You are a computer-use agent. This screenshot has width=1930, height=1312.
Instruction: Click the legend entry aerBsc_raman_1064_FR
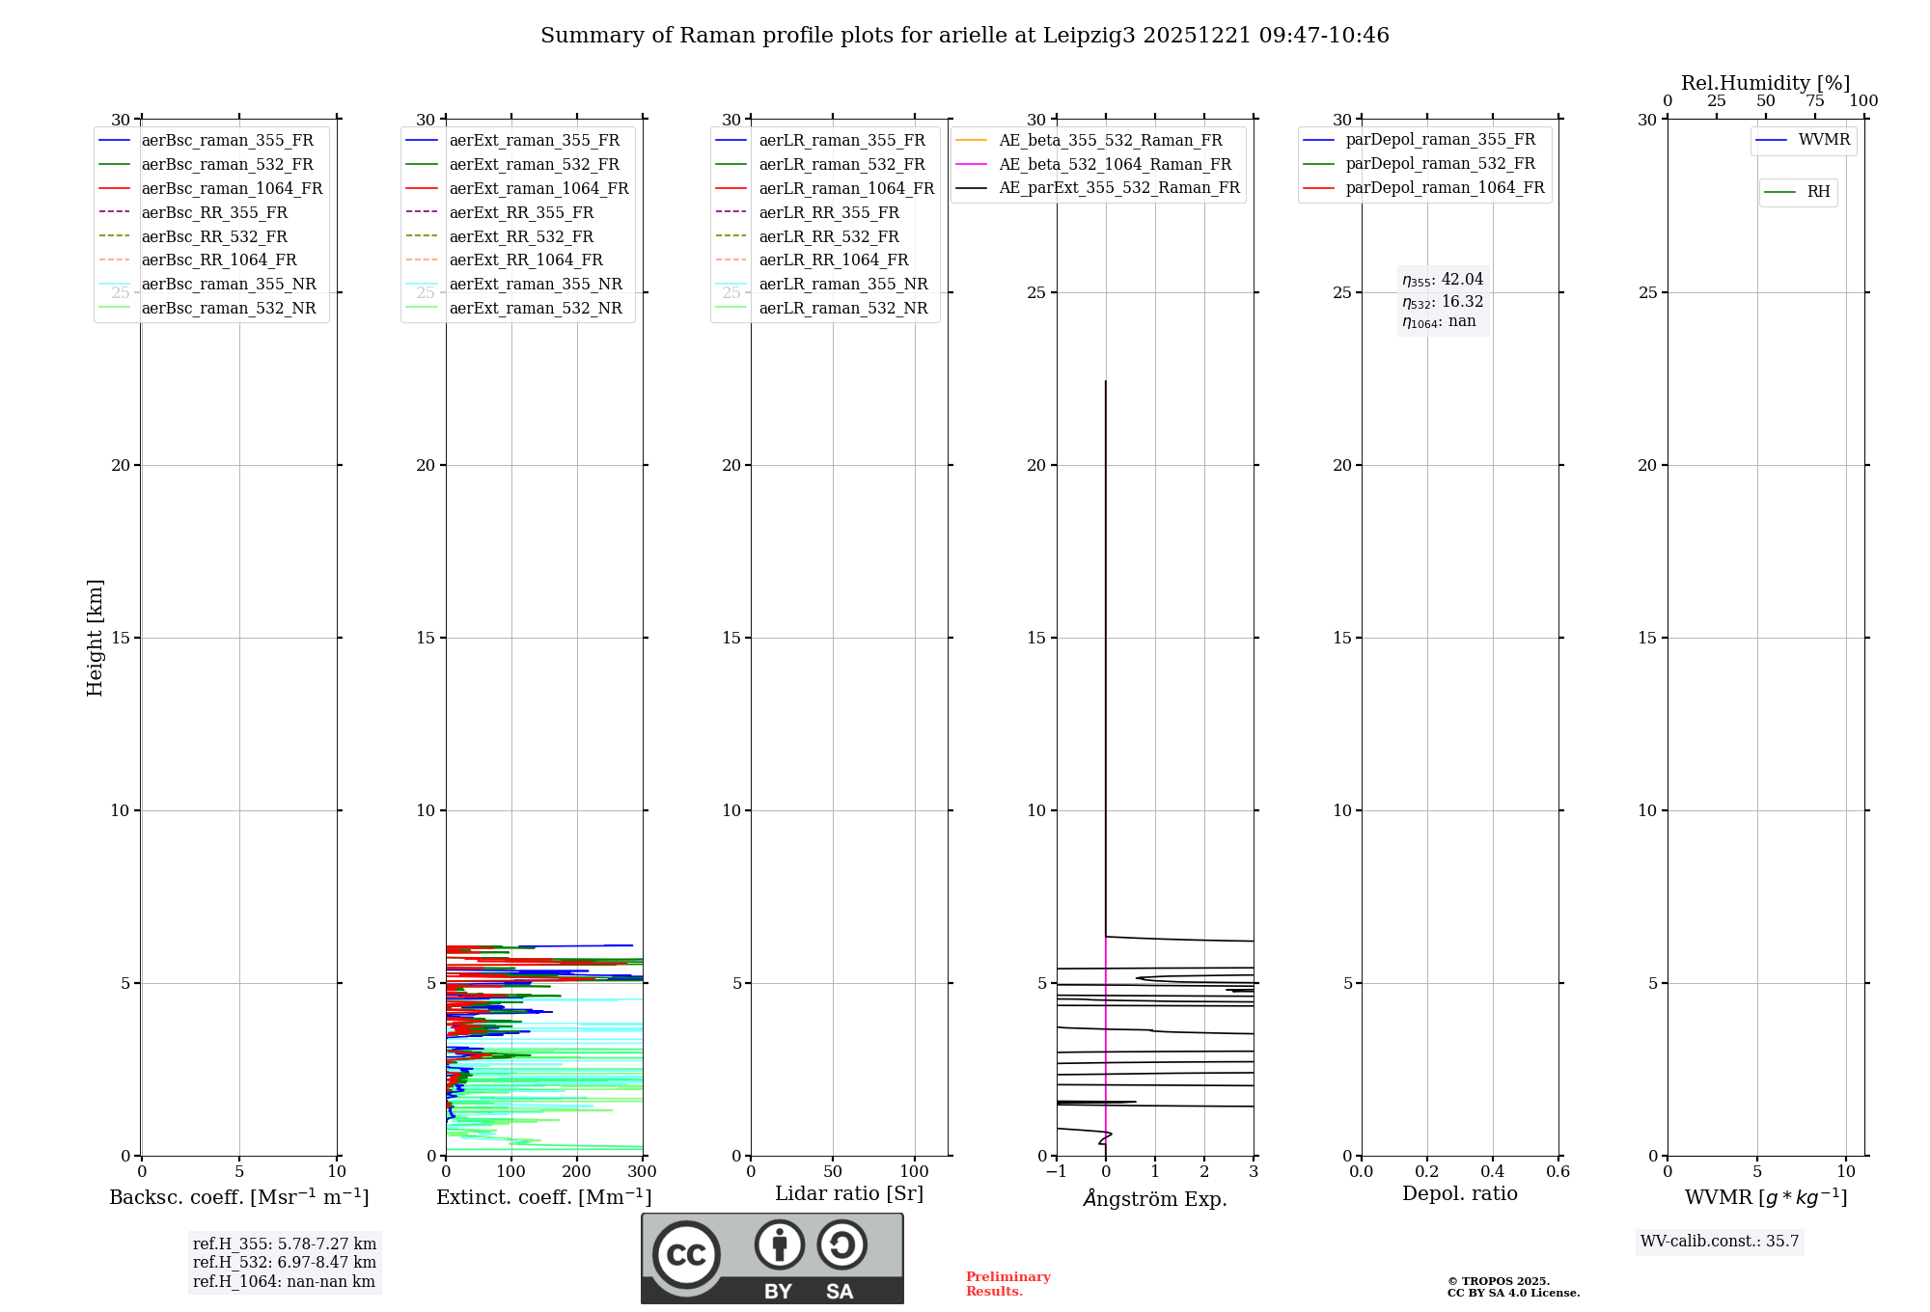pos(232,189)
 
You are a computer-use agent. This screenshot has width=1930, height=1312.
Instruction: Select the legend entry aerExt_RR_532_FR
pos(521,237)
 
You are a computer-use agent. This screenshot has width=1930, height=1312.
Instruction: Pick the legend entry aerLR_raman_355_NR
pos(842,285)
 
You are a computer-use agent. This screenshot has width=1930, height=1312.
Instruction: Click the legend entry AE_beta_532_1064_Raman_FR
pos(1115,165)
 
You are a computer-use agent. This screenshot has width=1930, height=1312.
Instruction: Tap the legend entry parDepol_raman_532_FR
pos(1440,164)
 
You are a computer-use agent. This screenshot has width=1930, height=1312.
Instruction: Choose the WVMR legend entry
pos(1823,140)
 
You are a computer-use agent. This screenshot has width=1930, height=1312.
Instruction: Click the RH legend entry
pos(1818,192)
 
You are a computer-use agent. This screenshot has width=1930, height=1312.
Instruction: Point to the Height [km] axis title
pos(95,638)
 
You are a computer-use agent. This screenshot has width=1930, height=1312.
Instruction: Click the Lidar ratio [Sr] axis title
pos(849,1193)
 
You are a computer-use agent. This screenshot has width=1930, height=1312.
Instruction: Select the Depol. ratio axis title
pos(1459,1193)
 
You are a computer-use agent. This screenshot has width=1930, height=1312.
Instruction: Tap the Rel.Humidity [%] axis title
pos(1765,83)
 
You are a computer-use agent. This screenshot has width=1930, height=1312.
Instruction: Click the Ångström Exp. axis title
pos(1155,1198)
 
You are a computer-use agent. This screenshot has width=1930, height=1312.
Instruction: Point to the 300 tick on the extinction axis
pos(642,1172)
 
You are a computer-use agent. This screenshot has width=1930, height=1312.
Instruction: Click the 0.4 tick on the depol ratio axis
pos(1492,1172)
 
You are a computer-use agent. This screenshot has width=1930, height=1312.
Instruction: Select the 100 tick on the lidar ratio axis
pos(914,1172)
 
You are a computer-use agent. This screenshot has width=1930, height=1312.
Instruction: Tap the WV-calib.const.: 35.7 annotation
pos(1720,1242)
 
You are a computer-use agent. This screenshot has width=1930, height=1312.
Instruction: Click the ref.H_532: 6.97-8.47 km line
pos(285,1263)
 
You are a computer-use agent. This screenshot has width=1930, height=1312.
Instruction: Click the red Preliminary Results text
pos(1007,1284)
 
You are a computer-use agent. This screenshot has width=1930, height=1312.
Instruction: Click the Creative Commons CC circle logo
pos(686,1254)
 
